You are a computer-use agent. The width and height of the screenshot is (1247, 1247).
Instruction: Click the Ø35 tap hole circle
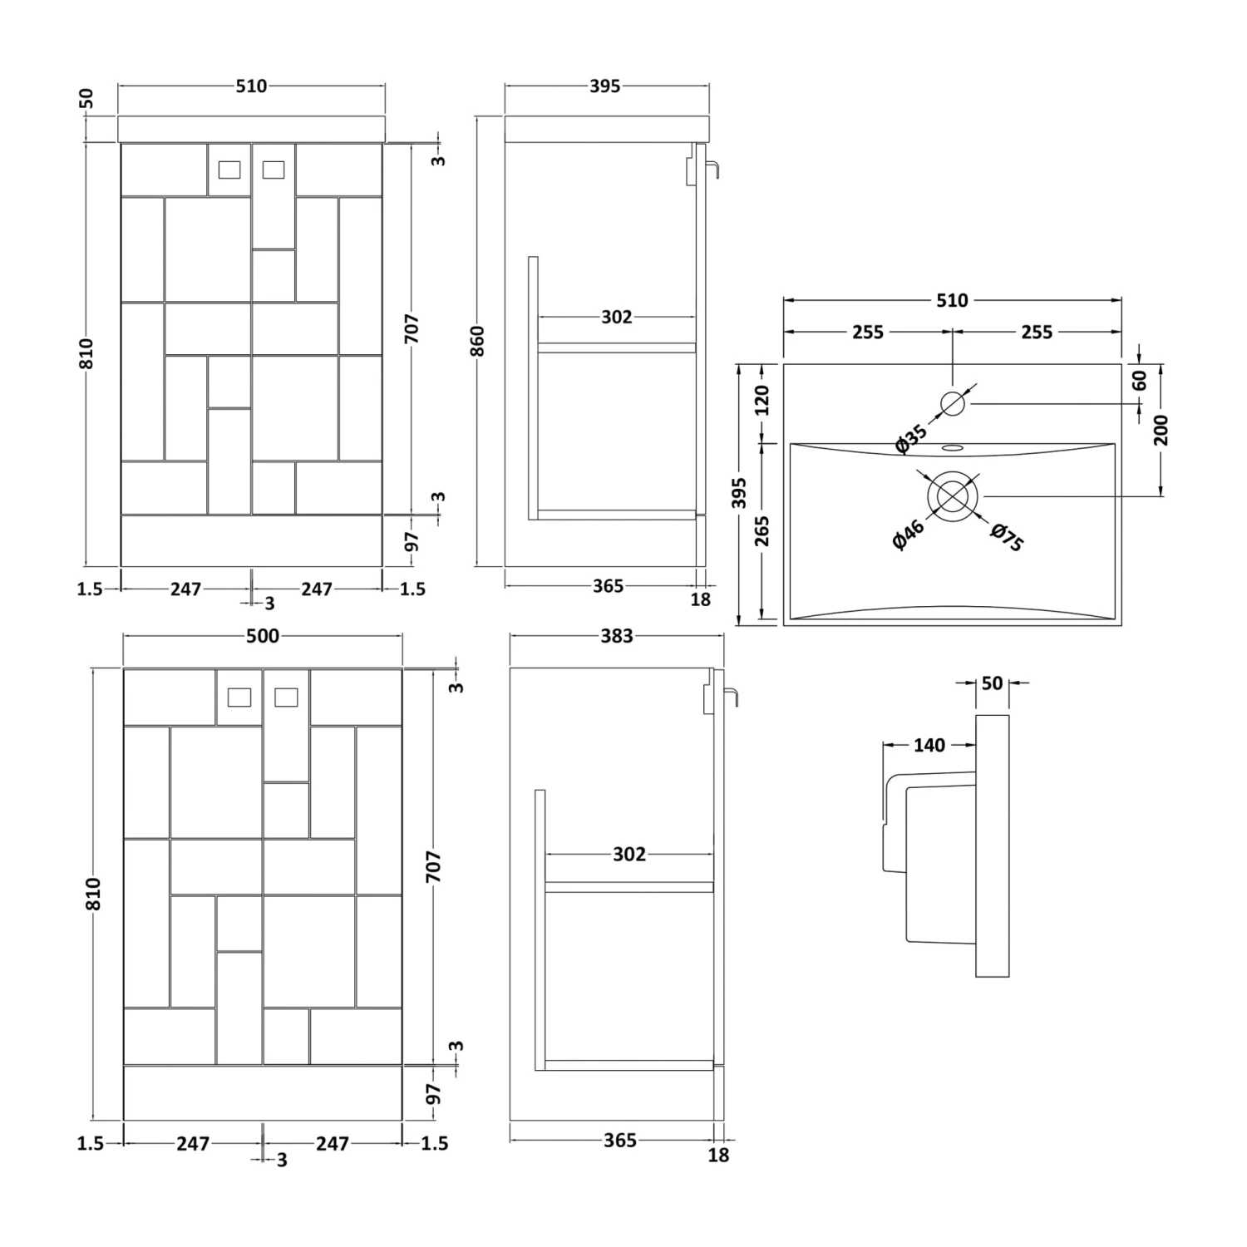tap(953, 404)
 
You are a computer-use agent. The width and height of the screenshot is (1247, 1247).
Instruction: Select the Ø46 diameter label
tap(908, 534)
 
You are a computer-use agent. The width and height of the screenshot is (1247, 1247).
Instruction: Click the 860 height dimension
tap(477, 342)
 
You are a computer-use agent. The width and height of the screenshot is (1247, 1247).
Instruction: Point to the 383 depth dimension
tap(617, 637)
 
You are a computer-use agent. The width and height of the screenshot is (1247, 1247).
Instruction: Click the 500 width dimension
tap(263, 637)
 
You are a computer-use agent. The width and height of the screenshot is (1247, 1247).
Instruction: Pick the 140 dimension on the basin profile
tap(929, 746)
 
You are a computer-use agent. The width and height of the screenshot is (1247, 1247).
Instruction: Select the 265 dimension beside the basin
tap(762, 531)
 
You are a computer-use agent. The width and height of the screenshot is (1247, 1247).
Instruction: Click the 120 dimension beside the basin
tap(762, 401)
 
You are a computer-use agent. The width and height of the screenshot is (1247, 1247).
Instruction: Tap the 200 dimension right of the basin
tap(1161, 430)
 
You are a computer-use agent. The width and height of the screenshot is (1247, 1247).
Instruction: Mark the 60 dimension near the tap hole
tap(1140, 381)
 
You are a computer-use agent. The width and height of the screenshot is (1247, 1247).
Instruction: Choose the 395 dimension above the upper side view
tap(605, 86)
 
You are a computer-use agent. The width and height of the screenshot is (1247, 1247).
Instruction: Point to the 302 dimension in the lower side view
tap(629, 855)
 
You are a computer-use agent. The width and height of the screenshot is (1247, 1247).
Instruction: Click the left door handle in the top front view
tap(229, 170)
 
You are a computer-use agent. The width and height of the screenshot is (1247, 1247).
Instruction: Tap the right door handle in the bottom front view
tap(286, 697)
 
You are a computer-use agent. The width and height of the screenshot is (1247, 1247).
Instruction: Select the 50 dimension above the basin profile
tap(992, 683)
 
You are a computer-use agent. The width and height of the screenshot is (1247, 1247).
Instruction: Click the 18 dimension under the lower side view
tap(718, 1155)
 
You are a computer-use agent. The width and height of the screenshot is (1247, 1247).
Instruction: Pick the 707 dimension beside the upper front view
tap(412, 329)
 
